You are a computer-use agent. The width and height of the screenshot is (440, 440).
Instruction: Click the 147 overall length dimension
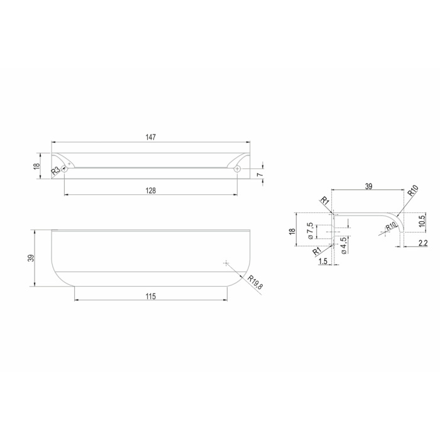tap(150, 137)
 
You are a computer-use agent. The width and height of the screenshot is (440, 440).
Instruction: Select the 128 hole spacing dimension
tap(150, 191)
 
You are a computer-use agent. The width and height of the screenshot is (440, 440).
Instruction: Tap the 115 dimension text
tap(151, 296)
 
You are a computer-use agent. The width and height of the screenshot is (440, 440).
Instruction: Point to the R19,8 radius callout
tap(255, 283)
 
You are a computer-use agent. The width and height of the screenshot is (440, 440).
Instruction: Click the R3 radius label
tap(55, 171)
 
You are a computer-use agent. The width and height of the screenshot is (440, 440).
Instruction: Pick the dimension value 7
tap(261, 175)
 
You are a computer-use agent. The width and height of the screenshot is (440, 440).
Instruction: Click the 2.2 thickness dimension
tap(422, 243)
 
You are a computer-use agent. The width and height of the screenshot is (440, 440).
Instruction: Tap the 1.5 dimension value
tap(322, 261)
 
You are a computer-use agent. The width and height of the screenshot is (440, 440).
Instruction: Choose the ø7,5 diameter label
tap(310, 231)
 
